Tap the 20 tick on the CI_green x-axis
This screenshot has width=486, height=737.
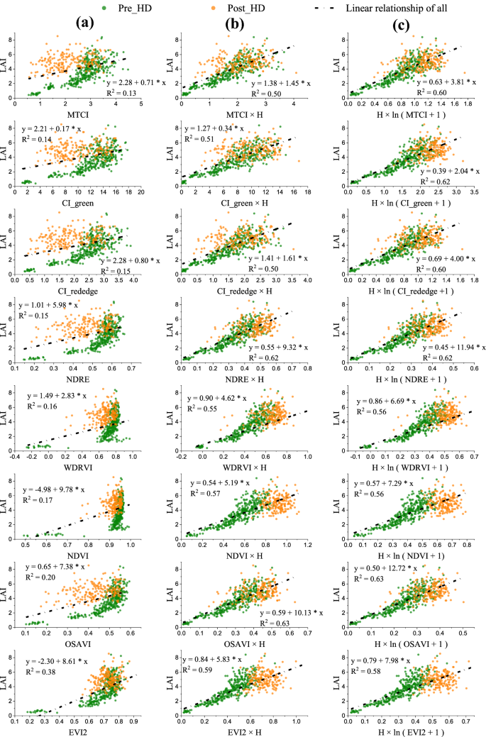140,192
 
